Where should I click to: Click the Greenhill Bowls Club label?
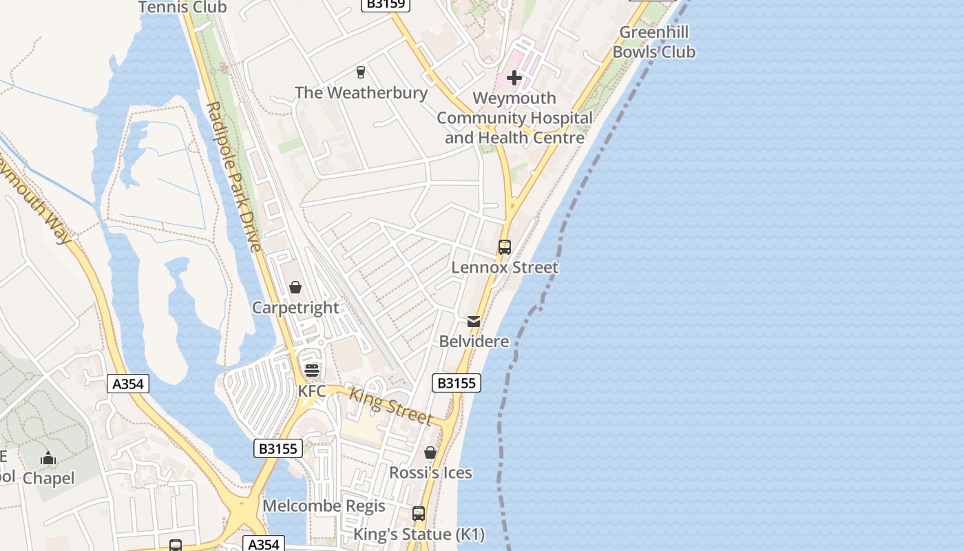click(x=653, y=42)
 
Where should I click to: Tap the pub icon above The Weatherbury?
click(x=360, y=72)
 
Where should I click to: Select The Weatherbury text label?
click(x=361, y=92)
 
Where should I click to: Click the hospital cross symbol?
click(x=514, y=78)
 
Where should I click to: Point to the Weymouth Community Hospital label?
click(x=514, y=118)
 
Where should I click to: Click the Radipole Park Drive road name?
click(x=234, y=177)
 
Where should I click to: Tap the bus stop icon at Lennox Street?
click(x=505, y=247)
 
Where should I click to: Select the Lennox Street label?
click(x=505, y=267)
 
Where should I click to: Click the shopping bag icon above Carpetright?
click(x=295, y=287)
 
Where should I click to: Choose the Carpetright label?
click(x=295, y=308)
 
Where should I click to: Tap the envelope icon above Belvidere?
click(x=474, y=322)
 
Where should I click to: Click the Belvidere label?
click(x=474, y=342)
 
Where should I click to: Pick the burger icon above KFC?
click(x=312, y=371)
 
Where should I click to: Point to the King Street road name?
click(x=390, y=407)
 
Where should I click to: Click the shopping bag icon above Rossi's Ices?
click(x=430, y=453)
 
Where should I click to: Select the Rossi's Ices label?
click(x=430, y=472)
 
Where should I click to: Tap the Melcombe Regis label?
click(x=324, y=506)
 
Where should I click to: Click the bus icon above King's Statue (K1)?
click(x=419, y=514)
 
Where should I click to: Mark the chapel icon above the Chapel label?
click(x=48, y=458)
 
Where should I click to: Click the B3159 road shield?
click(x=386, y=4)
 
